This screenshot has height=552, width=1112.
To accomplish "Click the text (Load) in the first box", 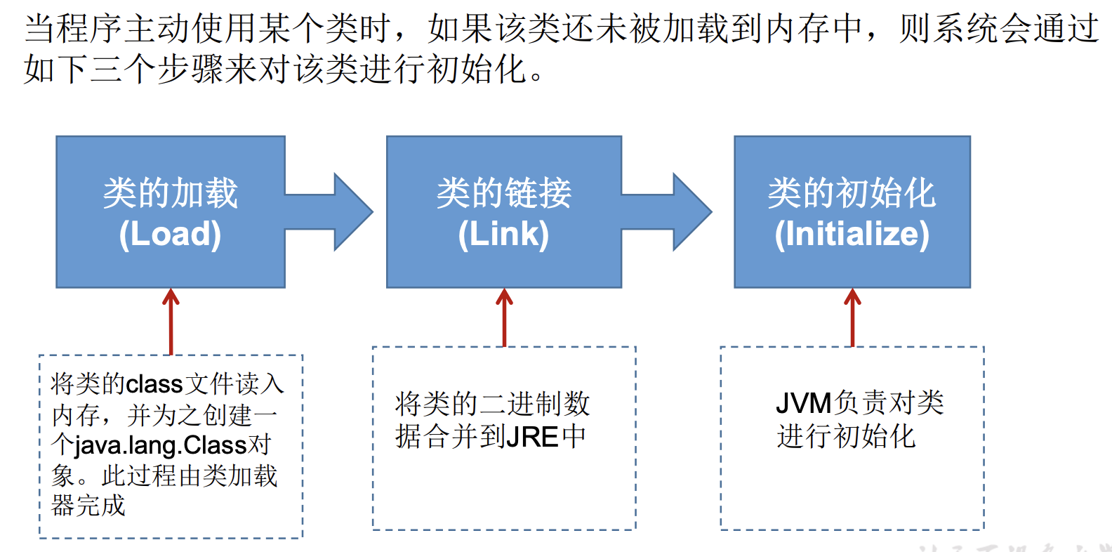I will pos(170,234).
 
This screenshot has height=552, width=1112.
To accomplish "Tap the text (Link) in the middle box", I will pos(503,234).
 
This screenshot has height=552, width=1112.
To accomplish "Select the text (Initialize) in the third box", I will pos(852,234).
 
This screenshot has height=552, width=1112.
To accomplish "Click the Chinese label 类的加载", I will pos(170,193).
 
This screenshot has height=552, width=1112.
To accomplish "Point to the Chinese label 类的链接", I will pos(503,193).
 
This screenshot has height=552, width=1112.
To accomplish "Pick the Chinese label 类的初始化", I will pos(852,193).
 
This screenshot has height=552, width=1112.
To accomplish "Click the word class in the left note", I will pos(154,384).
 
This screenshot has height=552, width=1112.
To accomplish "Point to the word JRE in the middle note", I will pos(532,437).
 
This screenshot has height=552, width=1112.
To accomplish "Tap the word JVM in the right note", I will pos(803,403).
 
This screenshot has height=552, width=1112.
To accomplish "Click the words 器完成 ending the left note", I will pos(88,506).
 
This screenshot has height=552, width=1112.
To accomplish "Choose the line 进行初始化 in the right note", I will pos(846,436).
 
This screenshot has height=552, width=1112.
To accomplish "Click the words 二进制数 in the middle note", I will pos(534,404).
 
